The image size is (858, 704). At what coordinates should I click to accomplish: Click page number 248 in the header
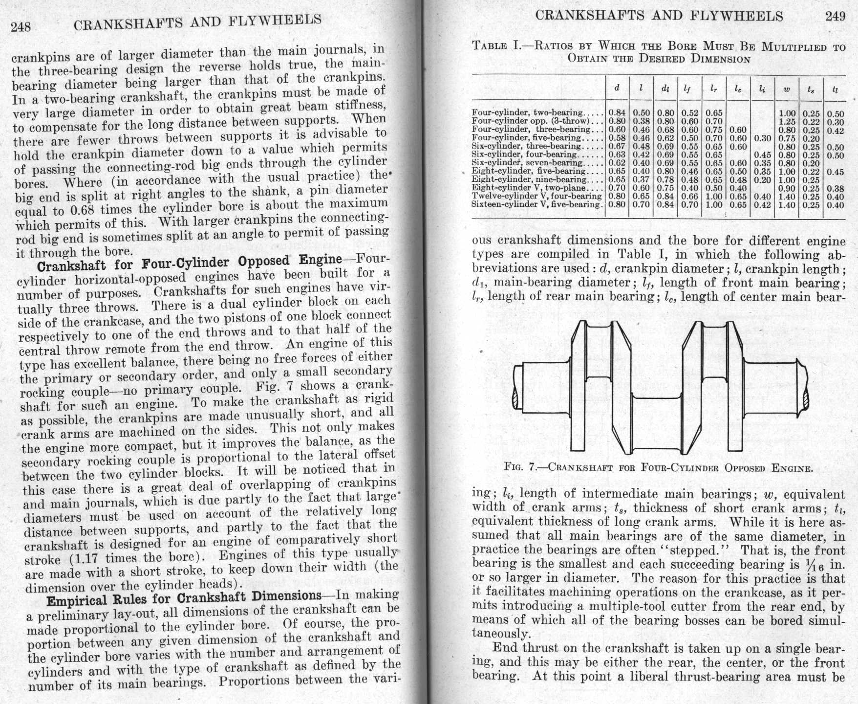click(20, 27)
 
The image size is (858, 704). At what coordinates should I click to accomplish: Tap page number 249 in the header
click(835, 16)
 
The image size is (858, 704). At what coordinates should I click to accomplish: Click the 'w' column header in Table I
click(787, 89)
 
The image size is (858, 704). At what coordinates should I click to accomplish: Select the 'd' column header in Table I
click(617, 88)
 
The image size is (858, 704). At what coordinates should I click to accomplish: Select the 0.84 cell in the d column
click(617, 113)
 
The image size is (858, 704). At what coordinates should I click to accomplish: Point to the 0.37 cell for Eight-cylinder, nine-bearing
click(641, 179)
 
